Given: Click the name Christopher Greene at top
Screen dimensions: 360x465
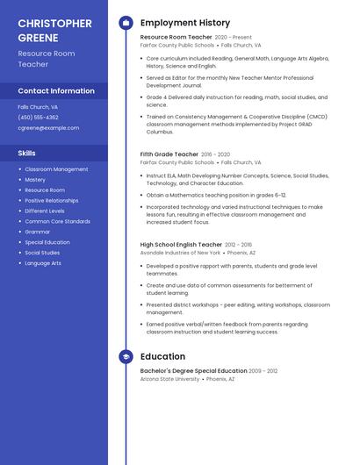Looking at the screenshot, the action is point(54,30).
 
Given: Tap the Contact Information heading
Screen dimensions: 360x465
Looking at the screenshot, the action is point(56,90).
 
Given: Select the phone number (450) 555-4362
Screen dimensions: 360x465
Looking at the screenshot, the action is point(38,117).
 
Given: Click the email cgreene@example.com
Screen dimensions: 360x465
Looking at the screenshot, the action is point(48,127).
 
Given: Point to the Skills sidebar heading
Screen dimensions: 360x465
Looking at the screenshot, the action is point(26,153).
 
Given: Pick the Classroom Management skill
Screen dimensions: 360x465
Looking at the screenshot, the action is point(56,169).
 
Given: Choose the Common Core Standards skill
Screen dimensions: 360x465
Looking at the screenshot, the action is point(57,221).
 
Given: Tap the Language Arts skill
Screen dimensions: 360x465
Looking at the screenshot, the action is point(43,263).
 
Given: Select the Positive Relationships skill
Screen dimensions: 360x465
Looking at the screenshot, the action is point(51,200).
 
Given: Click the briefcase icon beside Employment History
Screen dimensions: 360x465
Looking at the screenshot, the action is point(126,22).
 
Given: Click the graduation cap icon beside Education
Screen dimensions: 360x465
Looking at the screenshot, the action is point(126,357).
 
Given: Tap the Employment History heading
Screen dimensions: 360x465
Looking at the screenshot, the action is point(185,23).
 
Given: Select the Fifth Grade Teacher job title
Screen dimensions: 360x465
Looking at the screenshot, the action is point(169,154).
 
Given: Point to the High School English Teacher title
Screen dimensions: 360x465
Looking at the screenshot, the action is point(181,245).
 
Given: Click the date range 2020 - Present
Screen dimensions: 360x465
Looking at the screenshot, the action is point(233,38).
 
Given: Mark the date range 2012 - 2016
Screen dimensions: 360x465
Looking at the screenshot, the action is point(238,245).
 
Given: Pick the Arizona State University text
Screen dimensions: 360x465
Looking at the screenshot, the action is point(170,379).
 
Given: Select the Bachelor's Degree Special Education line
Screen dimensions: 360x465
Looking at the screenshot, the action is point(193,371).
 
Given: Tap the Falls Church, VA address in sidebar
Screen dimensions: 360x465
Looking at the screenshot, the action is point(38,106).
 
